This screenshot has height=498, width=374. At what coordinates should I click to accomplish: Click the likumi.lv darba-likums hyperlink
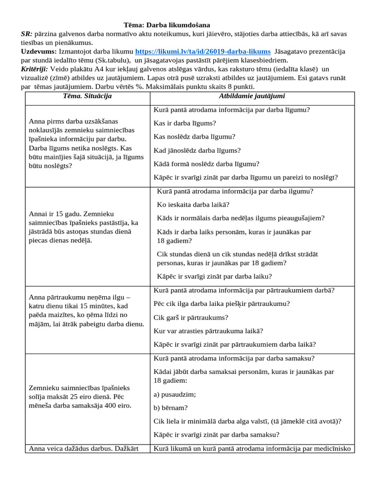(x=203, y=52)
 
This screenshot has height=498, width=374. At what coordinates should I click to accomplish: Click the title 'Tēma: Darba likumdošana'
(x=167, y=25)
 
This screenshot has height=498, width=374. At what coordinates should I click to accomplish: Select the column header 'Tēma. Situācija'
(x=88, y=96)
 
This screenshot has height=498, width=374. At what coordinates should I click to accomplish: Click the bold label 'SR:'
(x=27, y=34)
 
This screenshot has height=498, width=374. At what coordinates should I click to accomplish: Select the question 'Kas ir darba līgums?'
(x=185, y=123)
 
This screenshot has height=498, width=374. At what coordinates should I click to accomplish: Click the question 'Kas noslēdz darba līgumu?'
(x=194, y=137)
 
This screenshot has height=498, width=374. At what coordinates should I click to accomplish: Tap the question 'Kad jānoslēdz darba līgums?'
(x=197, y=150)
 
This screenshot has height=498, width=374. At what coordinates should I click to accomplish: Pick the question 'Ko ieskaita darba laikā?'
(x=193, y=204)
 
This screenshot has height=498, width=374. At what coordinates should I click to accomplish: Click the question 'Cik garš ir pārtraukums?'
(x=191, y=318)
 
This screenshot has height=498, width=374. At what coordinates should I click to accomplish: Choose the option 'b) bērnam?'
(x=170, y=408)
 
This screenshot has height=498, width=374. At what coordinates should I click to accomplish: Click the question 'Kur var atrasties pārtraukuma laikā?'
(x=208, y=331)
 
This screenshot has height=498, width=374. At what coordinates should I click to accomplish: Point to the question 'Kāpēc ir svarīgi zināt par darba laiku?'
(x=221, y=276)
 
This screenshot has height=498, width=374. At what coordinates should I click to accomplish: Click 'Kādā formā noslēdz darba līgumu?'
(x=206, y=164)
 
